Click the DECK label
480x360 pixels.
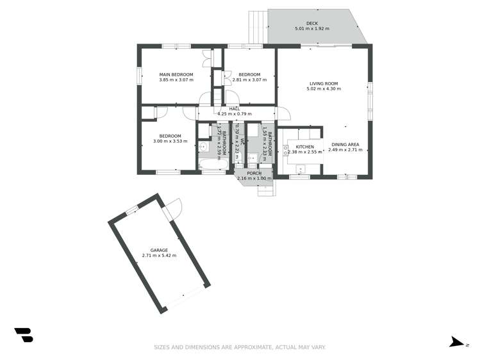pyautogui.click(x=311, y=23)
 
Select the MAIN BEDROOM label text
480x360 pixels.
pyautogui.click(x=176, y=75)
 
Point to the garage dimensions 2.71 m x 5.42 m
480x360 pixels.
pyautogui.click(x=159, y=256)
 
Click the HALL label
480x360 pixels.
pyautogui.click(x=235, y=108)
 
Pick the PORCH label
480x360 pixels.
pyautogui.click(x=254, y=173)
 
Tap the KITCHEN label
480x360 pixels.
pyautogui.click(x=304, y=147)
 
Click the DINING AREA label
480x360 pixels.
pyautogui.click(x=345, y=145)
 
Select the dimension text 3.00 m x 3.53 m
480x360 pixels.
pyautogui.click(x=170, y=141)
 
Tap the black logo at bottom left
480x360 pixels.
pyautogui.click(x=24, y=334)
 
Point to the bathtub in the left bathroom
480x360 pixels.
pyautogui.click(x=213, y=166)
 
